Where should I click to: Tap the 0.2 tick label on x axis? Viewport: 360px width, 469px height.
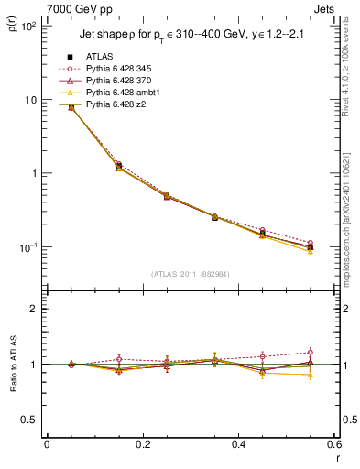142,445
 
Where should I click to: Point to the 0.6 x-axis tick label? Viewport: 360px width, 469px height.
334,445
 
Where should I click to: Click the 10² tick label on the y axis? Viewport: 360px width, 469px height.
27,27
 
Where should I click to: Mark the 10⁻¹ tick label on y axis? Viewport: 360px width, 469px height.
27,247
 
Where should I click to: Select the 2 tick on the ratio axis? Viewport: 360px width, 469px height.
34,309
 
